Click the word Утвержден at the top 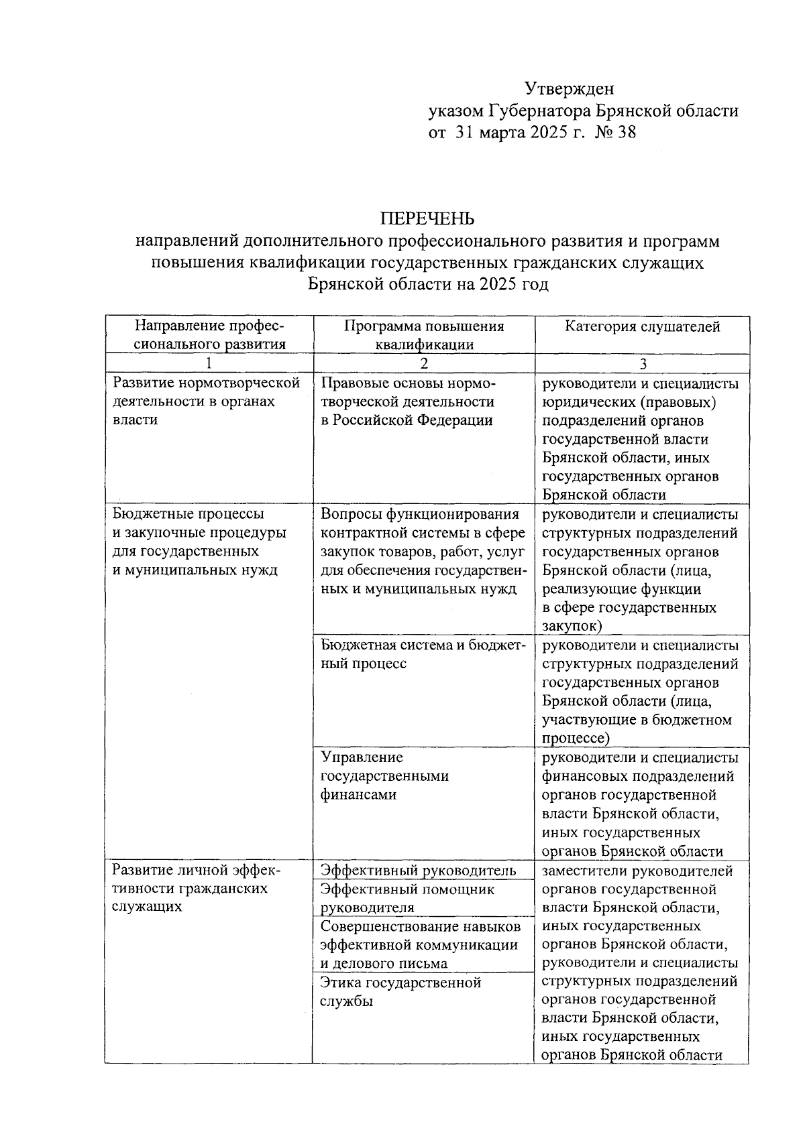569,88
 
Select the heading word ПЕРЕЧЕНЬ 427,218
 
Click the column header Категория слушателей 642,326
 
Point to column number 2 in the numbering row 424,363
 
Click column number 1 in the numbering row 209,363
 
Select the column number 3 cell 642,363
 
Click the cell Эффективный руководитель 418,871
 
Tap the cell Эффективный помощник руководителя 407,898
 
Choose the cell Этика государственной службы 400,992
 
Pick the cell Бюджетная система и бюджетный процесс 423,654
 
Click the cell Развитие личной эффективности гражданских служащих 197,888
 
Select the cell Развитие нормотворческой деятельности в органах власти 205,401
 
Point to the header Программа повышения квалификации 424,335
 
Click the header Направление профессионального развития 209,335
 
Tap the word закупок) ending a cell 572,626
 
